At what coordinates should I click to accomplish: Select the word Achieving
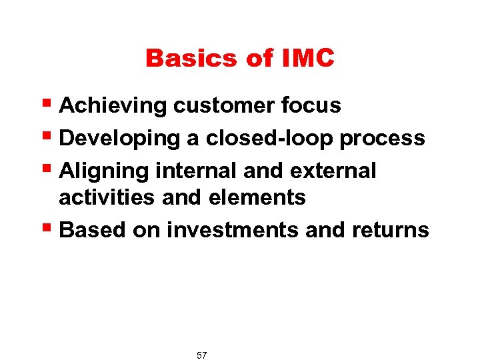pos(113,106)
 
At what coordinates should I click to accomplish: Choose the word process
pos(382,138)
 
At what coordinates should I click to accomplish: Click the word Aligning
pos(104,171)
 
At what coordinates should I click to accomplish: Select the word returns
pos(389,230)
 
